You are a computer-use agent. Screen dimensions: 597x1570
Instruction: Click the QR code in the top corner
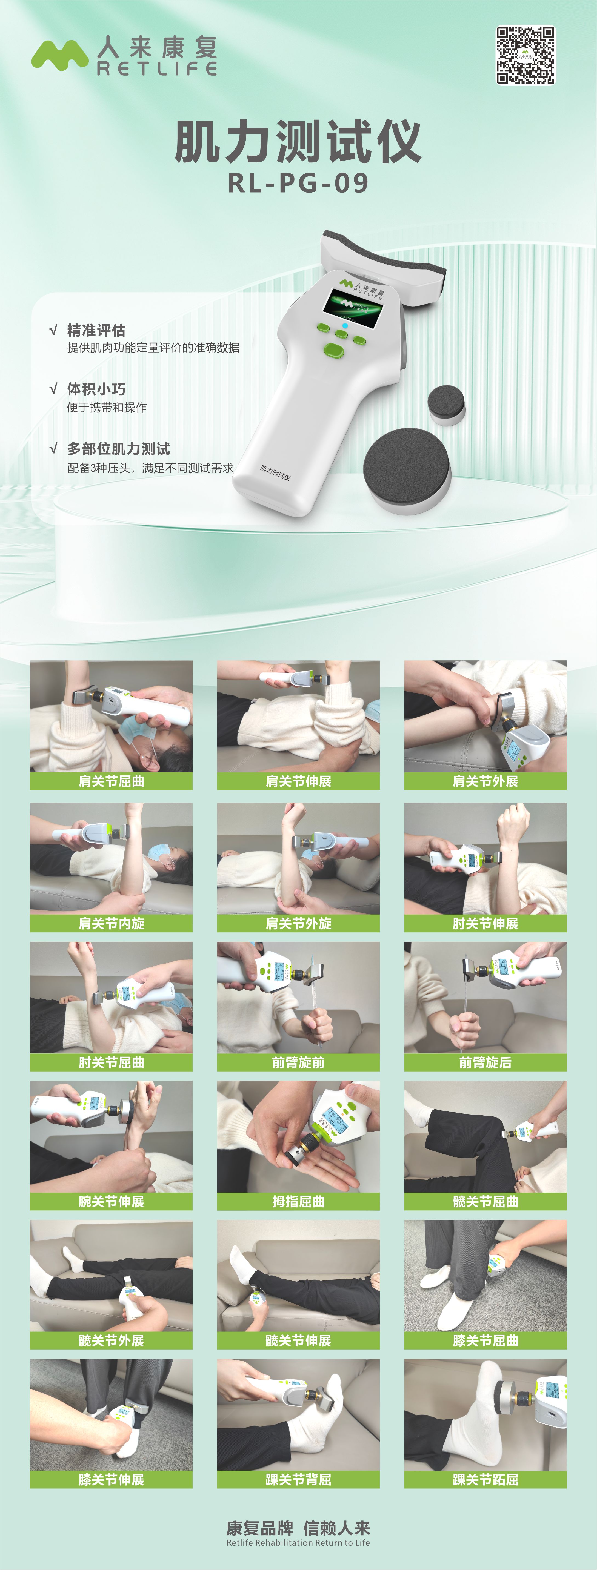tap(525, 55)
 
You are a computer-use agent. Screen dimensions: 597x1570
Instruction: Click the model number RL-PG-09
tap(298, 183)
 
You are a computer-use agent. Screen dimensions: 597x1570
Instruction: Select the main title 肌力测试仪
tap(298, 141)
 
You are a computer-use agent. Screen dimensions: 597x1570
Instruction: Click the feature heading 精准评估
tap(96, 330)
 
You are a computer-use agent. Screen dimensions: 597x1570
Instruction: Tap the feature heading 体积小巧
tap(96, 389)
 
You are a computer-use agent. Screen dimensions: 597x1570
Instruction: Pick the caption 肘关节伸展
tap(485, 923)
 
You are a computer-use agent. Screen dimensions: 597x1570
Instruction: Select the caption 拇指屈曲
tap(298, 1201)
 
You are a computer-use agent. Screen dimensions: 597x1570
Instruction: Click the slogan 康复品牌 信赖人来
tap(298, 1528)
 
